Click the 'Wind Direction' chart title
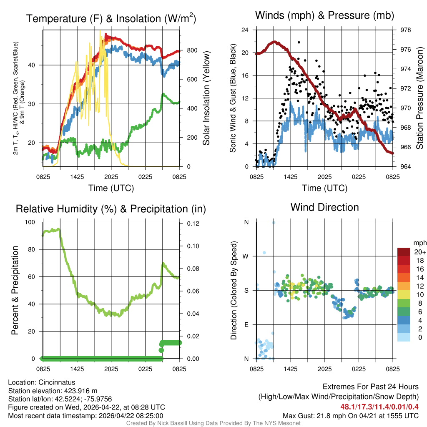pyautogui.click(x=324, y=207)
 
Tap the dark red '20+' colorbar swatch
pyautogui.click(x=404, y=252)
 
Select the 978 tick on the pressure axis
pyautogui.click(x=400, y=30)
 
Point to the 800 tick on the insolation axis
pyautogui.click(x=192, y=50)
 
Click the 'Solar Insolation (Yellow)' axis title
pyautogui.click(x=206, y=98)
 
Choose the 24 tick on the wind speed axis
pyautogui.click(x=245, y=30)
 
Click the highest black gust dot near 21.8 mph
pyautogui.click(x=299, y=42)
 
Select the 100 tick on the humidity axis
pyautogui.click(x=31, y=222)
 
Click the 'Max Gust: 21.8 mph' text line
pyautogui.click(x=350, y=415)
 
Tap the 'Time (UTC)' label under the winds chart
pyautogui.click(x=324, y=188)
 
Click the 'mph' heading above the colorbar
pyautogui.click(x=419, y=243)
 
